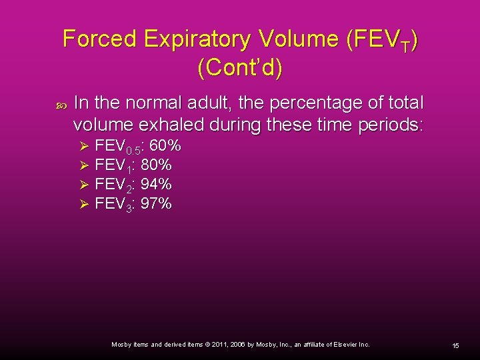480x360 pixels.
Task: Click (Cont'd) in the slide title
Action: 240,68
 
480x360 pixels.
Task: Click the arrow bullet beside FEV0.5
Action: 84,146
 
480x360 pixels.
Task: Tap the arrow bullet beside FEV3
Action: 84,203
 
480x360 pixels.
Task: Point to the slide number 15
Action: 455,345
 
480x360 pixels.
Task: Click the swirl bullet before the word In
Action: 61,105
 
